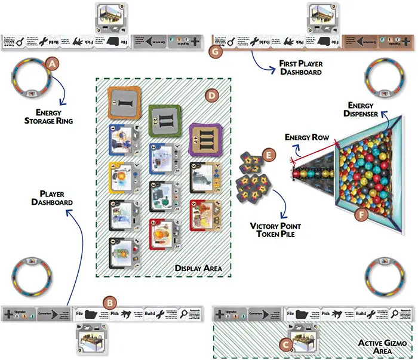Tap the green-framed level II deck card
tap(163, 122)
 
